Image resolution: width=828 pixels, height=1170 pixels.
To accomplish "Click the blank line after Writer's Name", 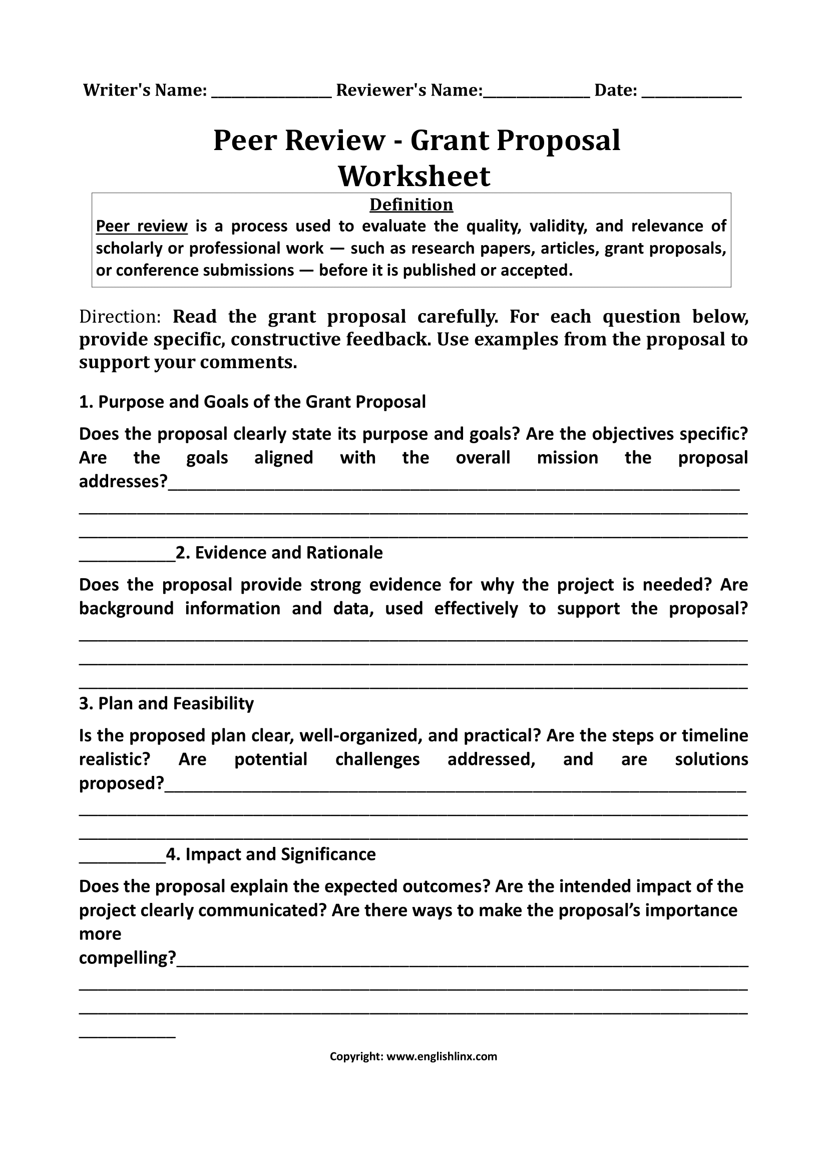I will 271,94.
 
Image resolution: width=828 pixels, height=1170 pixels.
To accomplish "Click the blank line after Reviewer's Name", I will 536,94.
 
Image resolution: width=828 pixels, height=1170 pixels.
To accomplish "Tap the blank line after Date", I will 691,94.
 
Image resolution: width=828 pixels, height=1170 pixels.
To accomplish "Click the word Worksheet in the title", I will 413,176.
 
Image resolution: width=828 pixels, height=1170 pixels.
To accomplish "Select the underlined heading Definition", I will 411,205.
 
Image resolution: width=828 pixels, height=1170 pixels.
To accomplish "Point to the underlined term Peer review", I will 142,226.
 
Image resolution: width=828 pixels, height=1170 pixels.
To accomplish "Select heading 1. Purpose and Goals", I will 252,402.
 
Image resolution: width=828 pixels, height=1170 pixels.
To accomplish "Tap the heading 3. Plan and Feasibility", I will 166,704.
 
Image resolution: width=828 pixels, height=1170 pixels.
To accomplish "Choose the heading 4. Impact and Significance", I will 271,854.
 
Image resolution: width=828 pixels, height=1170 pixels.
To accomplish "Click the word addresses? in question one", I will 123,482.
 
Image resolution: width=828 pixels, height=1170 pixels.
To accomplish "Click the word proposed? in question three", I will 121,783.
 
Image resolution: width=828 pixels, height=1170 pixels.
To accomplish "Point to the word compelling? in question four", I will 128,958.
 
